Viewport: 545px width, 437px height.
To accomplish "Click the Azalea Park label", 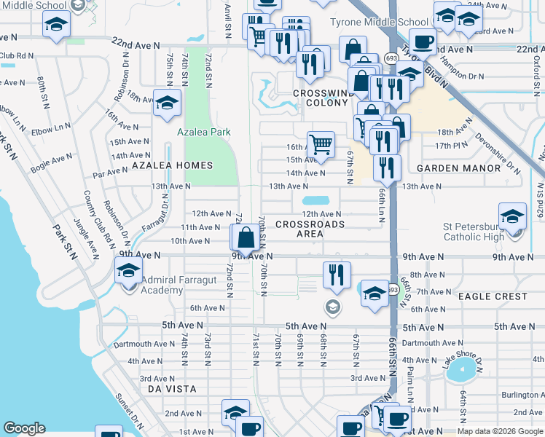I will pos(204,132).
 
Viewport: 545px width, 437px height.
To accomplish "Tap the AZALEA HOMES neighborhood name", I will pos(173,165).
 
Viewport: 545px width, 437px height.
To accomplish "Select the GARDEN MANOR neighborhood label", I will pos(458,168).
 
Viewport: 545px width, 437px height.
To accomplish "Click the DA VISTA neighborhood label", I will pos(172,389).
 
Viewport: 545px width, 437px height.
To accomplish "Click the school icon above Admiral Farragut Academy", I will pos(128,269).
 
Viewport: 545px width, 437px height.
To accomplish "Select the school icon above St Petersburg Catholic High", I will pos(512,216).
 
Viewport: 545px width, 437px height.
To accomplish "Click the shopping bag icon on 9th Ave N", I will pos(246,237).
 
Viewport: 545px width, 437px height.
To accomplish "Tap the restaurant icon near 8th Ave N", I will pos(337,275).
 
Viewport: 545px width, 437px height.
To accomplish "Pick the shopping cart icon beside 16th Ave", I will pos(321,143).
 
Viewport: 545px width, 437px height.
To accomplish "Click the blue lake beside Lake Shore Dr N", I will pos(459,373).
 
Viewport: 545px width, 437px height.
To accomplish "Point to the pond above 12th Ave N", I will pos(315,200).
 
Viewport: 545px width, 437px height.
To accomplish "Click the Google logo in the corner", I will pos(24,428).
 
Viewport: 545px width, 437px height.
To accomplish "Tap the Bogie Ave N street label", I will pos(51,162).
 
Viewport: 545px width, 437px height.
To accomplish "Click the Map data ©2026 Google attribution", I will pos(500,431).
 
